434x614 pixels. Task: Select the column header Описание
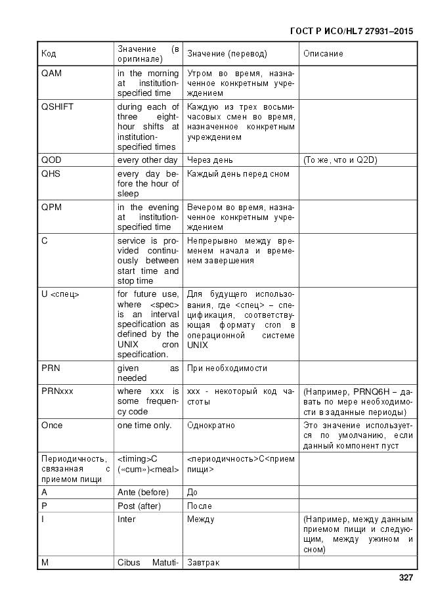323,54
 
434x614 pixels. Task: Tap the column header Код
49,54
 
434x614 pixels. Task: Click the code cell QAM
51,74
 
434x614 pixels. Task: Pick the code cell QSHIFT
56,107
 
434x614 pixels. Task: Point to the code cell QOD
51,160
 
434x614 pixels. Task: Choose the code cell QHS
51,174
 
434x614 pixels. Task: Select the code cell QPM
51,208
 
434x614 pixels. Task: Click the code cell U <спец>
60,294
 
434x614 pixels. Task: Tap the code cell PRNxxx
57,391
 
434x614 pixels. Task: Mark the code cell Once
52,426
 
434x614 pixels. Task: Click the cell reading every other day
148,160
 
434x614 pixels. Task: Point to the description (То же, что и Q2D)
340,160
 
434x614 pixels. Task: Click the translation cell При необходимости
227,368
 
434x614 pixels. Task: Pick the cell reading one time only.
144,426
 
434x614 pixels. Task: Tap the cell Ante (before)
143,493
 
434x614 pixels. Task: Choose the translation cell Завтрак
204,563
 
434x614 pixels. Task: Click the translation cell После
200,506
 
